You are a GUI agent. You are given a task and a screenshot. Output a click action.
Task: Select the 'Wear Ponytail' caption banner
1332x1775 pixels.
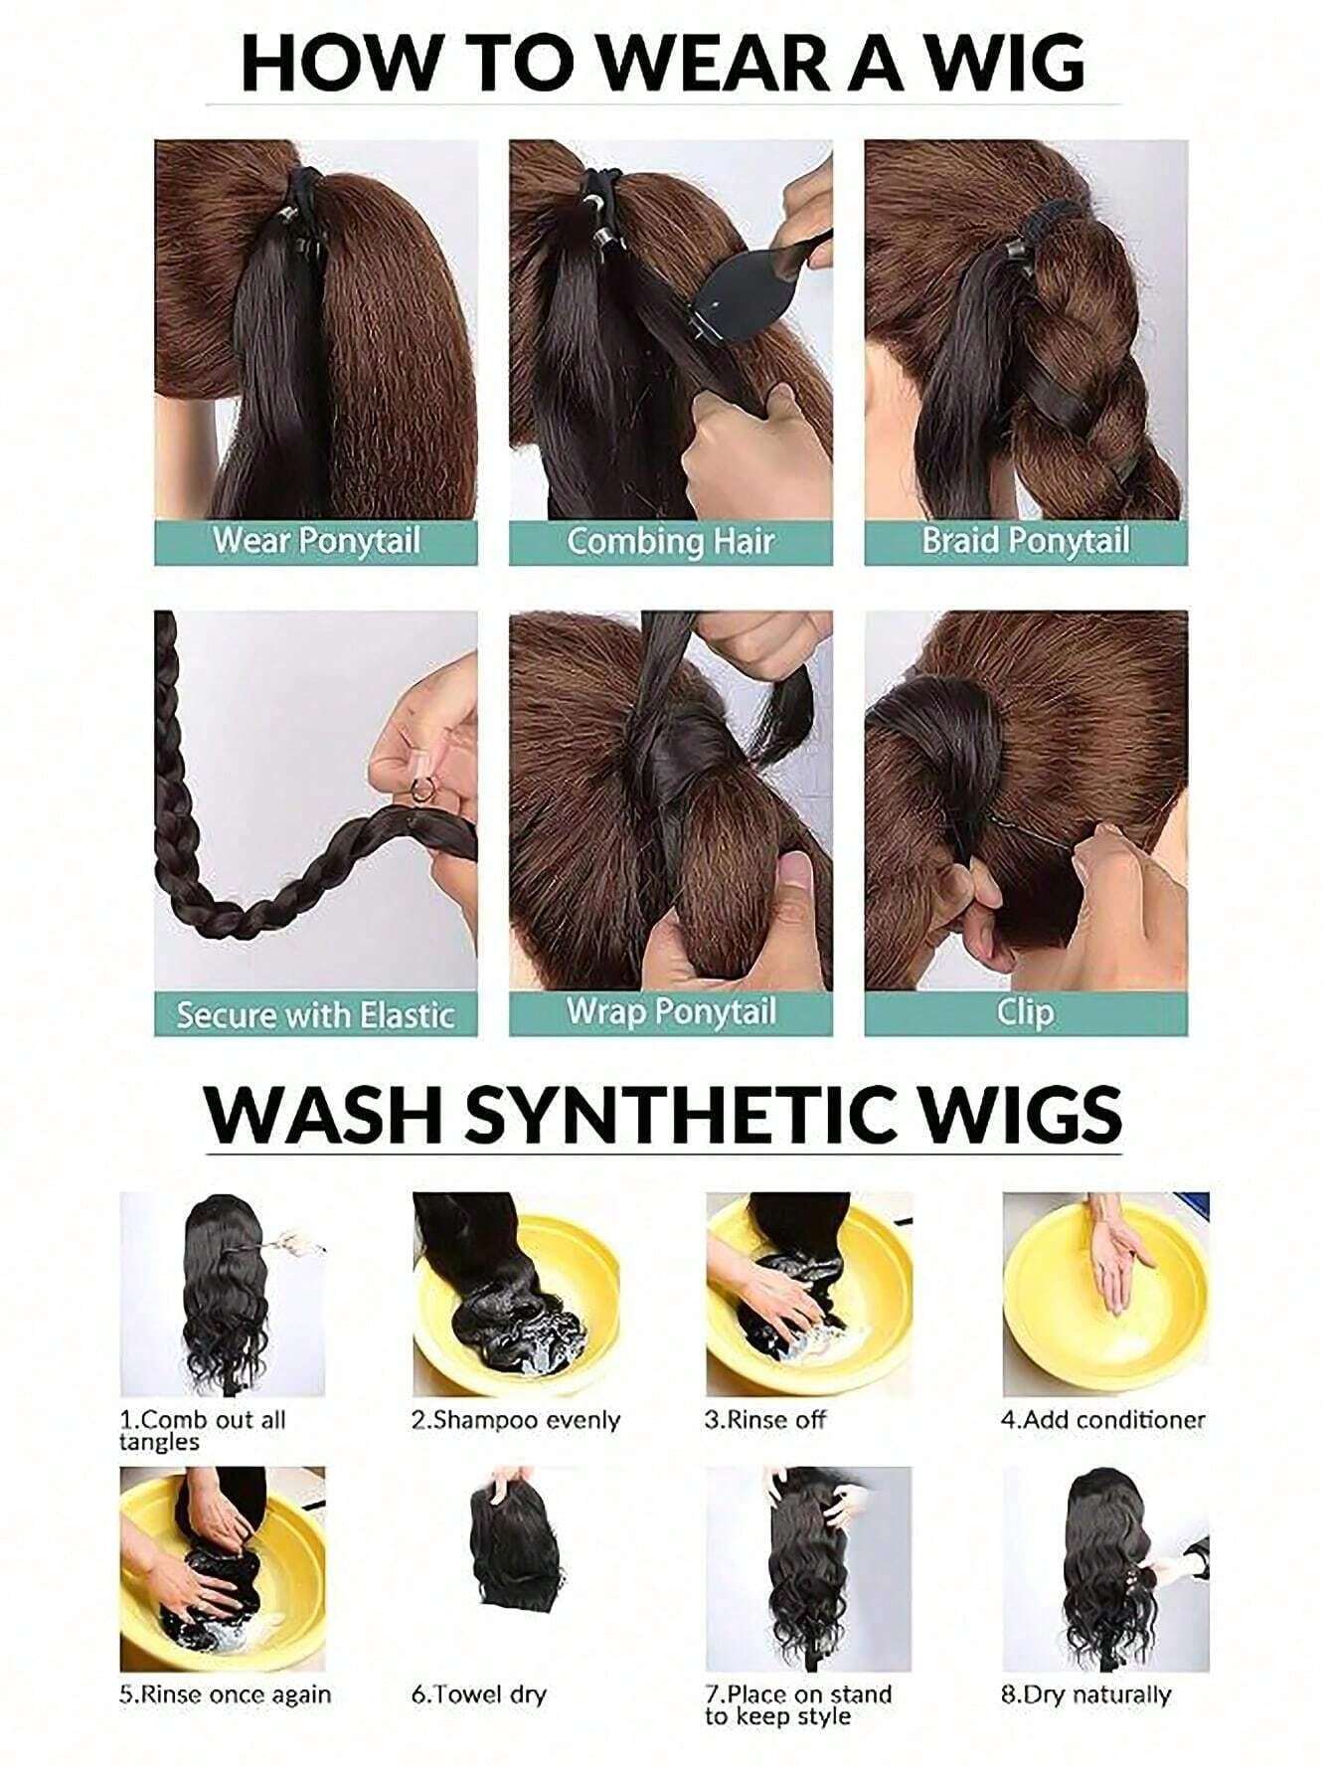(x=316, y=542)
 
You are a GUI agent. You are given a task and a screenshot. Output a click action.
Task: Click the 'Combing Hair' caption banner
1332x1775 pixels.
(x=670, y=542)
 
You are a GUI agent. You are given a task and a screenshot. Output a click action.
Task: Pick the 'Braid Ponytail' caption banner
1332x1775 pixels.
(x=1026, y=542)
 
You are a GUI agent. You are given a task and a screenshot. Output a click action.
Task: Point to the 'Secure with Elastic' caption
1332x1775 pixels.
(x=316, y=1014)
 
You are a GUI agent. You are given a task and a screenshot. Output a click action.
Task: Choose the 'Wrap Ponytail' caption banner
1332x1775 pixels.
(x=670, y=1012)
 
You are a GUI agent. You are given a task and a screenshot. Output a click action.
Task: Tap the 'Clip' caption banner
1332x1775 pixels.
(x=1026, y=1012)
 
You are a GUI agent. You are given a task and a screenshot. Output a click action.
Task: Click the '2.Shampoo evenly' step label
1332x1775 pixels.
(x=516, y=1420)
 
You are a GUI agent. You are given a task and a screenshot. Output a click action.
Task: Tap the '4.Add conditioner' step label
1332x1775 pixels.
(x=1102, y=1420)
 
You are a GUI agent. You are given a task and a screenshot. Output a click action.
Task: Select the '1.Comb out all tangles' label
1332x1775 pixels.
(x=203, y=1430)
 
